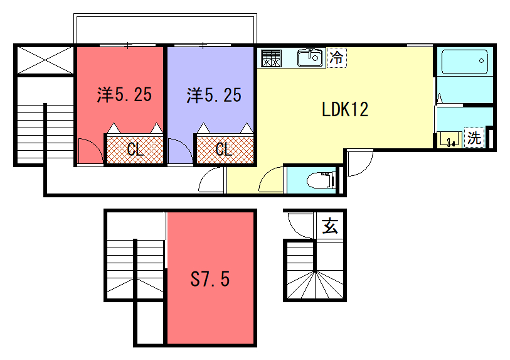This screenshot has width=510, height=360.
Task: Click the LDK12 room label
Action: (x=345, y=109)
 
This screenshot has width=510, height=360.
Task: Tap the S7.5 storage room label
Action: (x=210, y=279)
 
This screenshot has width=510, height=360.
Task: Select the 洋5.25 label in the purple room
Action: (x=214, y=95)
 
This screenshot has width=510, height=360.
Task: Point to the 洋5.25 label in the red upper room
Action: (x=124, y=94)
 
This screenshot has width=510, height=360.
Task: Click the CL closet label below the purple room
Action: (x=224, y=149)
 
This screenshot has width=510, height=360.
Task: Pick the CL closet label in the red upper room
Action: (x=135, y=149)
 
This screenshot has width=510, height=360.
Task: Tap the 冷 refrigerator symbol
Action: (x=337, y=58)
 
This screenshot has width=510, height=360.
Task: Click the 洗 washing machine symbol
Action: (x=474, y=137)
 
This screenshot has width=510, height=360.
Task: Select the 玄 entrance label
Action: (x=330, y=226)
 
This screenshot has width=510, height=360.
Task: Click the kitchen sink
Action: (x=310, y=58)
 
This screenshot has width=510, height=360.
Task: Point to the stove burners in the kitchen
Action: (x=271, y=58)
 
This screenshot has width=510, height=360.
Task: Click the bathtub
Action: (x=465, y=61)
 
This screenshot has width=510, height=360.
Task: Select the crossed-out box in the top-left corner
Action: (x=45, y=60)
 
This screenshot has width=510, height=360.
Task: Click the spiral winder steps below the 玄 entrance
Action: (x=315, y=285)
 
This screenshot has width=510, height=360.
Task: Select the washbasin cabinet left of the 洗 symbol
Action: (x=450, y=139)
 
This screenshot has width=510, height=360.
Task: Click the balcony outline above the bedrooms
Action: (x=165, y=15)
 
